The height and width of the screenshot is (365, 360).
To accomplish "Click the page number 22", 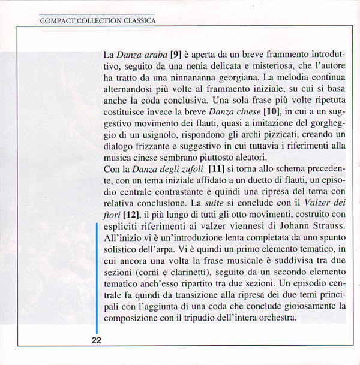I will [97, 340].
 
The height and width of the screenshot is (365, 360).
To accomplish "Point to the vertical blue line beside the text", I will [97, 276].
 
